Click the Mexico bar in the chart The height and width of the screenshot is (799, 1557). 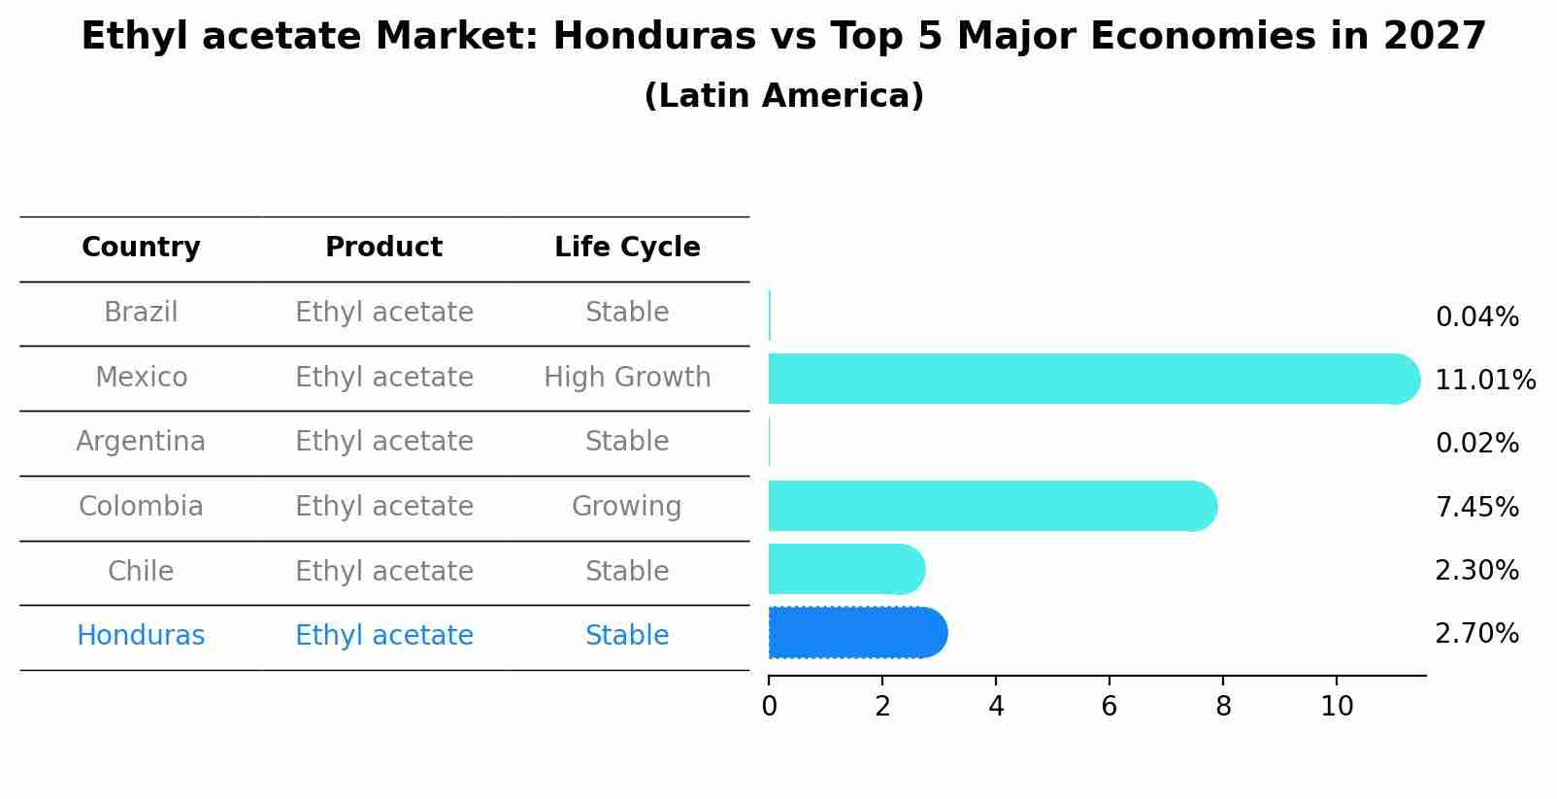(1087, 379)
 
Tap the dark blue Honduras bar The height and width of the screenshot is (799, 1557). (854, 633)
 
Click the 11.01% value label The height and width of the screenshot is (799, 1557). (1484, 381)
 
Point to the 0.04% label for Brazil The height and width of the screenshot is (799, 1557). (1476, 317)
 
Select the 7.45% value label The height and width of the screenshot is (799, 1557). (1476, 507)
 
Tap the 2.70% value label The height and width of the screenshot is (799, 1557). (1476, 634)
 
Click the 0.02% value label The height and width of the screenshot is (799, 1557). (1476, 444)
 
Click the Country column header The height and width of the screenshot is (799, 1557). (141, 248)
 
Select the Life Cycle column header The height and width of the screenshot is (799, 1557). (627, 248)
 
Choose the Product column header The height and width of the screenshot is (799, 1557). (383, 248)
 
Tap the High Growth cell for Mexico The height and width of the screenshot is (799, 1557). (627, 378)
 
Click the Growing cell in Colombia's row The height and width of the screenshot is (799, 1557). (626, 507)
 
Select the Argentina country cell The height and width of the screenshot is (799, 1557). (141, 442)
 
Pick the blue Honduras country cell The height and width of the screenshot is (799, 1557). (141, 636)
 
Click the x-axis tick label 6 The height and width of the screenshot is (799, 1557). (1110, 707)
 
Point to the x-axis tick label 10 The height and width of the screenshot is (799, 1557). (1337, 707)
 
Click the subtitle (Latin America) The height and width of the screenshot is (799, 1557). (783, 96)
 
